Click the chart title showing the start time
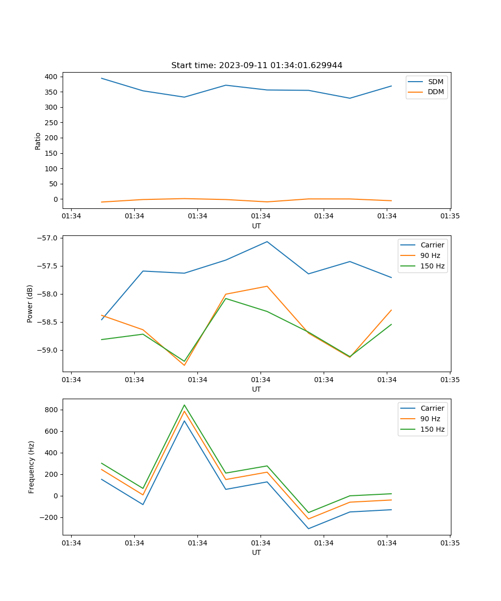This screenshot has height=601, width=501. [x=257, y=66]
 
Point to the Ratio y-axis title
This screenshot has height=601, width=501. [x=38, y=141]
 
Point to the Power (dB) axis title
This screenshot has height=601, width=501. [x=30, y=304]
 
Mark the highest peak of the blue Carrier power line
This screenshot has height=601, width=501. [x=267, y=241]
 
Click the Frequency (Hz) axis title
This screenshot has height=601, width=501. [x=31, y=467]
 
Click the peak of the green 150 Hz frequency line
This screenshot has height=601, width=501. [x=184, y=405]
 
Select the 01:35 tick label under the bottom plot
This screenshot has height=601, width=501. [x=450, y=543]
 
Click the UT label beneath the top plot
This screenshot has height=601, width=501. [x=257, y=226]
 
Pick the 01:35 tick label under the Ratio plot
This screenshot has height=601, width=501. [x=450, y=216]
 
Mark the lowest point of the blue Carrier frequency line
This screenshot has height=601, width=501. [x=309, y=528]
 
